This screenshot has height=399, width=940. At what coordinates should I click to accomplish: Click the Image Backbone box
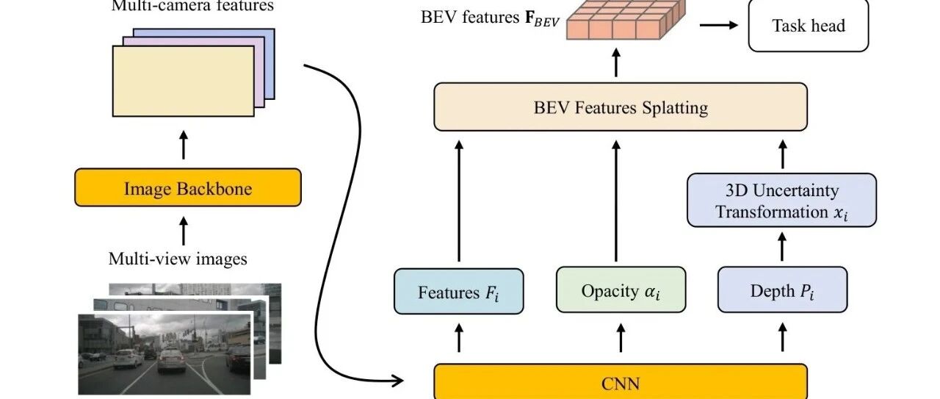[188, 187]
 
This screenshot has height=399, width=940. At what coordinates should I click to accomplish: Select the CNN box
[621, 381]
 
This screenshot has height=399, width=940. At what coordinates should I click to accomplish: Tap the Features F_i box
[459, 292]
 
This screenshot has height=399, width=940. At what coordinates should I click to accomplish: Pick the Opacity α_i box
[621, 290]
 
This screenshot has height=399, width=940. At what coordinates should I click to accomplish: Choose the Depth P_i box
[782, 290]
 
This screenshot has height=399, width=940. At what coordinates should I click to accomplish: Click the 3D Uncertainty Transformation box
[782, 201]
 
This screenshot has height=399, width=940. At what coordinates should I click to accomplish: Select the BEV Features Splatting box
[621, 107]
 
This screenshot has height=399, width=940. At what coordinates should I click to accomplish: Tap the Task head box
[809, 25]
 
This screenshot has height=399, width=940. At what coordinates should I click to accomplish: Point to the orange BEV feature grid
[626, 20]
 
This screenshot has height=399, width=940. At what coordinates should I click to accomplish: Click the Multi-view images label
[178, 259]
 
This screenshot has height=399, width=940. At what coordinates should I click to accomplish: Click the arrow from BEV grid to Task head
[718, 25]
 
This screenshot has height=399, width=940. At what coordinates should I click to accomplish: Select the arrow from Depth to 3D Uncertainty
[782, 247]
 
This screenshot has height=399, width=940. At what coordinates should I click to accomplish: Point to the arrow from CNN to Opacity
[621, 338]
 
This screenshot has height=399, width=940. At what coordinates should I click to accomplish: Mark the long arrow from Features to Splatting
[459, 201]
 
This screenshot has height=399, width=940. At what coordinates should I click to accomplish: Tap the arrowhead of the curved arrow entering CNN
[398, 381]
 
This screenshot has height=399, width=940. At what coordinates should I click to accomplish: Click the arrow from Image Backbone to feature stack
[184, 145]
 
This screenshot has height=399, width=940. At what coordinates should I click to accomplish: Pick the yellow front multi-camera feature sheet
[184, 81]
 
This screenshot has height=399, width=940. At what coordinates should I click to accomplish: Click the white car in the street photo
[128, 358]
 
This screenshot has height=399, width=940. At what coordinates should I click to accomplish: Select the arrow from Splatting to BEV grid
[615, 62]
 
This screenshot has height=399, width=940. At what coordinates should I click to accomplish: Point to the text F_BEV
[542, 18]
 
